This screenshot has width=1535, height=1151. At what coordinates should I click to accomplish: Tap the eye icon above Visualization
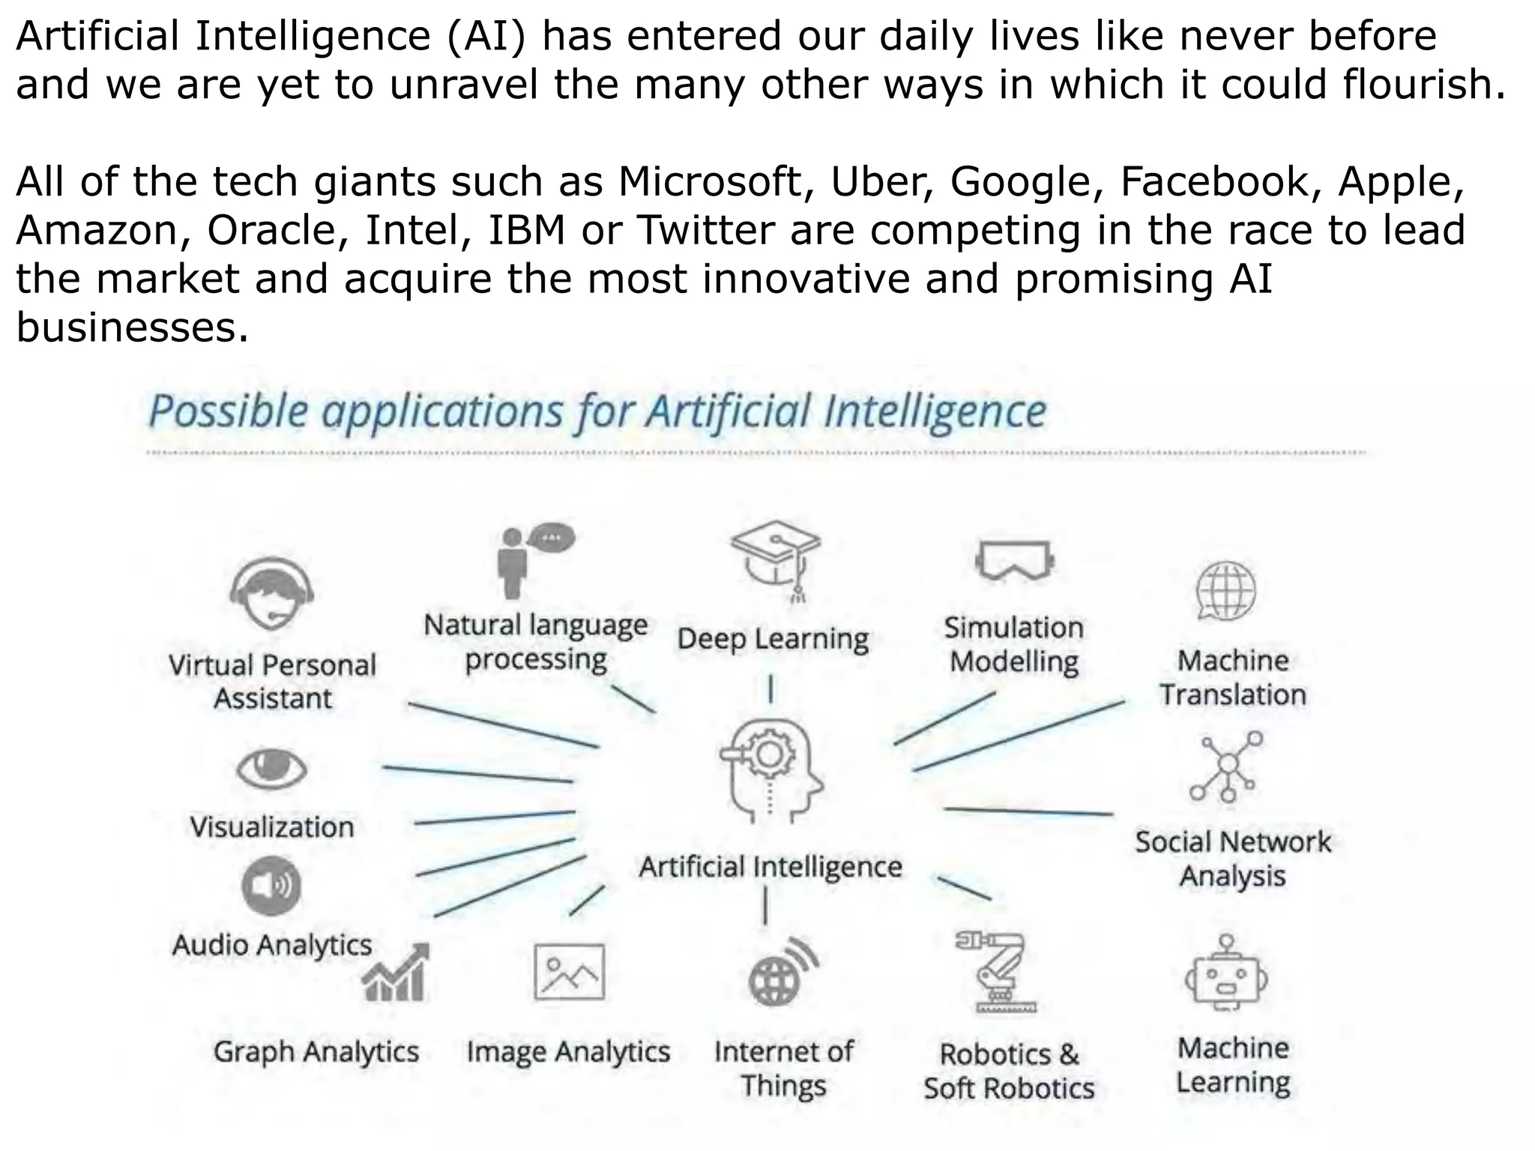point(271,769)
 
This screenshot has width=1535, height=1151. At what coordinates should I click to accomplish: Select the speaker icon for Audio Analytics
point(271,886)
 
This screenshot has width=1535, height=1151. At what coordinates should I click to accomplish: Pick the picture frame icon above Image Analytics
point(569,972)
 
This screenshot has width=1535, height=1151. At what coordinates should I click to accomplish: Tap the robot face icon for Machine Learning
point(1226,974)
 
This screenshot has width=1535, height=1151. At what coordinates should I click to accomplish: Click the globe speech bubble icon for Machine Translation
point(1225,590)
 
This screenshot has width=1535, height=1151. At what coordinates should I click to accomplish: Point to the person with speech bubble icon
point(534,558)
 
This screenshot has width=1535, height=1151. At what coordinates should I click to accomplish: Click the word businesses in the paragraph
point(132,327)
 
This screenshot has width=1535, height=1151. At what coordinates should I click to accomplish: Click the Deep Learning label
point(773,639)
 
